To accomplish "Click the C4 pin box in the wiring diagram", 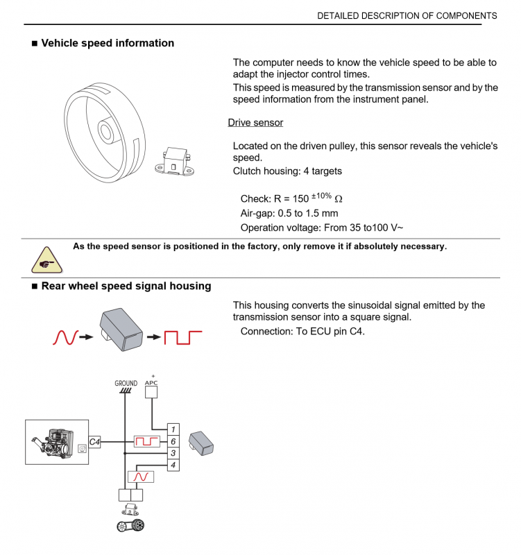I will pos(95,441).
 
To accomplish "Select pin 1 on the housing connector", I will pos(173,429).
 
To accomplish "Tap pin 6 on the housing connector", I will pos(173,441).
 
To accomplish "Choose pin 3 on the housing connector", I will pos(173,453).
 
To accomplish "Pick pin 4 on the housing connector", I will pos(173,465).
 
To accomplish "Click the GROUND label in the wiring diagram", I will pos(126,382).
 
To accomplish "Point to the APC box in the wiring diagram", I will pos(152,391).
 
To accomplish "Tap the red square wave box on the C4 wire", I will pos(146,441).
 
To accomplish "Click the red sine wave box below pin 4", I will pos(140,476).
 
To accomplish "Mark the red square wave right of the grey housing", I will pos(182,338).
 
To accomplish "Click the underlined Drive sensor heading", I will pos(255,123).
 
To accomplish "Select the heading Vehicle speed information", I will pos(108,43).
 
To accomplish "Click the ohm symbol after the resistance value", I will pos(339,199).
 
